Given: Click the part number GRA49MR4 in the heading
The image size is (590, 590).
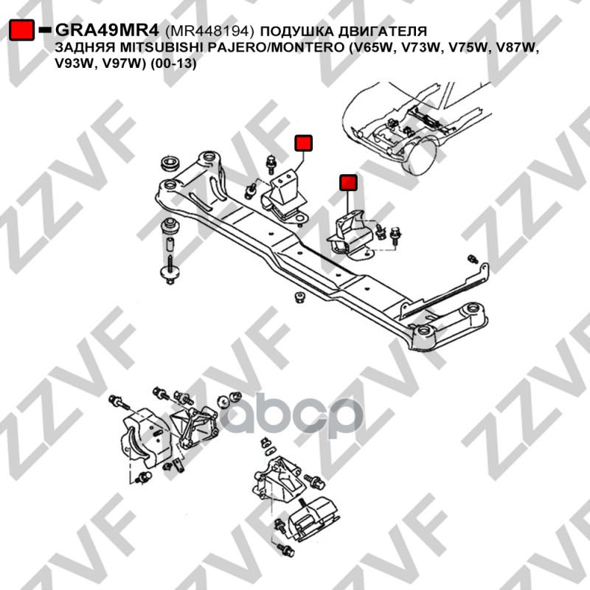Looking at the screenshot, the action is (108, 30).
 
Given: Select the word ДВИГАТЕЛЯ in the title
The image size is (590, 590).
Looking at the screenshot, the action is (382, 31).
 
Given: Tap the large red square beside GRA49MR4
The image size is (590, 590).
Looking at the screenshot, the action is (22, 29).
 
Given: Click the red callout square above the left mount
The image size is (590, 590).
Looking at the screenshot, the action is (303, 143).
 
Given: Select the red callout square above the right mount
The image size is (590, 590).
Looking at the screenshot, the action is (348, 183).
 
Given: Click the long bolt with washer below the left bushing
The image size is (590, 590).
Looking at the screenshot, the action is (170, 269).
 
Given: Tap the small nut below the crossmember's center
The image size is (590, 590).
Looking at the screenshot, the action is (299, 297).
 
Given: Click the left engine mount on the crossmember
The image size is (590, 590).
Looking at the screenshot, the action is (285, 198).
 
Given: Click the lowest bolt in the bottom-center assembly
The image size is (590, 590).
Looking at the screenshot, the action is (286, 550).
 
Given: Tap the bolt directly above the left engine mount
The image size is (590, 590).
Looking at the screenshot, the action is (271, 164).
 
